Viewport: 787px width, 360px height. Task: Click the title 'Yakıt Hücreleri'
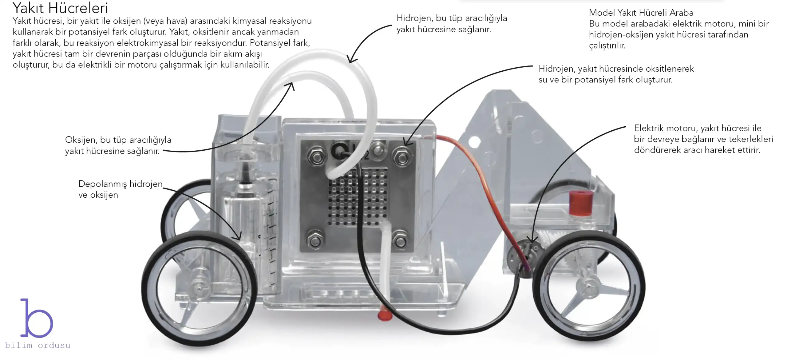tap(60, 8)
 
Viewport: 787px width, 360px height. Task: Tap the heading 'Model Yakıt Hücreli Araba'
tap(641, 13)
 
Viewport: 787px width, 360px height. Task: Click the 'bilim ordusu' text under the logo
tap(38, 346)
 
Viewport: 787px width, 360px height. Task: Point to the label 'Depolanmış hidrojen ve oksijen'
tap(120, 189)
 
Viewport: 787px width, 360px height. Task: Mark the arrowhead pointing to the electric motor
tap(532, 240)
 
